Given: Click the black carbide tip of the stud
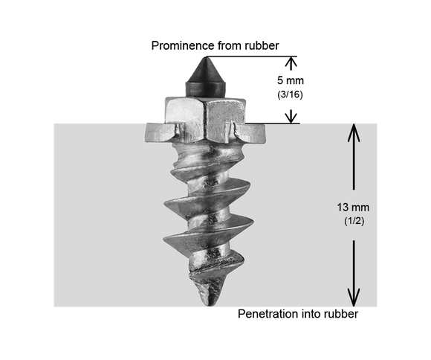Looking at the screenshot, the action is point(205,77).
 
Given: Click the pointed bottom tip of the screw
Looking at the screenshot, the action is point(211,302).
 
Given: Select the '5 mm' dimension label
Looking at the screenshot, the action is point(291,80).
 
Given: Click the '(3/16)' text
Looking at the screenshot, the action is point(290,94).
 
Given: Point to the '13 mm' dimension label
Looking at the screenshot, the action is point(353,208).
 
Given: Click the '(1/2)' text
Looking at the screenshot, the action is point(354,221).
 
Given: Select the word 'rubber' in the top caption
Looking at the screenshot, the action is point(262,45).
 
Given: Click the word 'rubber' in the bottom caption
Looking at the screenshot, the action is point(341,314).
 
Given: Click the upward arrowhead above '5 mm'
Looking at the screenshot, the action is point(291,62).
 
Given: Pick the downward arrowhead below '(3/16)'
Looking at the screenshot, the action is point(291,117).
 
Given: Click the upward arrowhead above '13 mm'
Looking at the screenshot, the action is point(354,132).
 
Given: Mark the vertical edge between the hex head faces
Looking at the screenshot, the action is point(205,121).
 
